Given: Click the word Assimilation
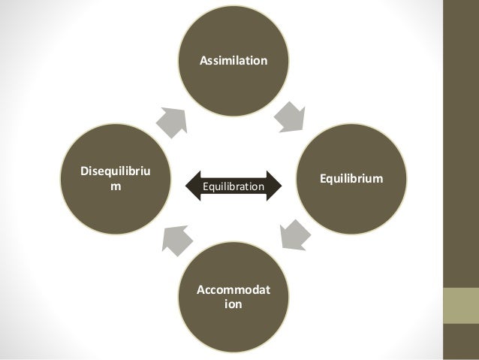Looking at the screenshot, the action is pyautogui.click(x=232, y=58).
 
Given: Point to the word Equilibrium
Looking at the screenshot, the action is pyautogui.click(x=351, y=180).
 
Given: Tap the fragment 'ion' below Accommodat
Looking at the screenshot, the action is pyautogui.click(x=233, y=306).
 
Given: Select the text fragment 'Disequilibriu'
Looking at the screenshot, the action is pyautogui.click(x=114, y=172).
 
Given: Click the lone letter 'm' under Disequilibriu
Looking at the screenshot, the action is pyautogui.click(x=114, y=186).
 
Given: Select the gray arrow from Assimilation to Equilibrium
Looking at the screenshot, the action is pyautogui.click(x=289, y=116).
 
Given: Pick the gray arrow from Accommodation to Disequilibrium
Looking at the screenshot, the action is pyautogui.click(x=176, y=240).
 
